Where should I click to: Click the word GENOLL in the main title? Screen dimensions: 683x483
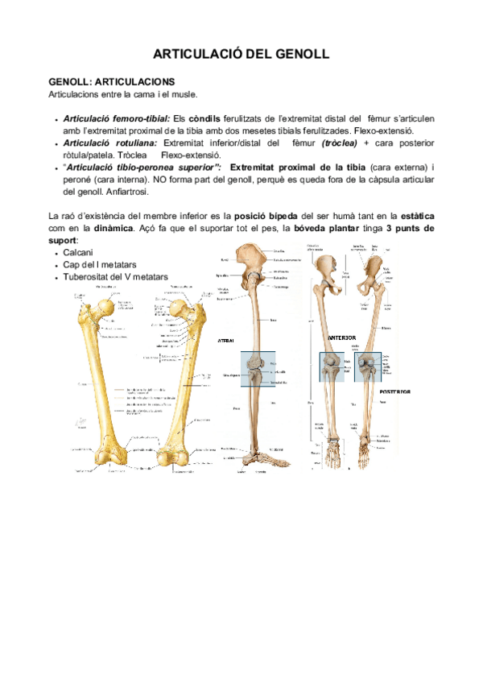298,55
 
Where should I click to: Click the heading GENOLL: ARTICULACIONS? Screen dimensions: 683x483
111,82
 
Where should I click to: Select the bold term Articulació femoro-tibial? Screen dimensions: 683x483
116,118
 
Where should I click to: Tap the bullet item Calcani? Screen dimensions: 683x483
79,253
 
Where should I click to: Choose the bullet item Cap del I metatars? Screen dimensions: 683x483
99,265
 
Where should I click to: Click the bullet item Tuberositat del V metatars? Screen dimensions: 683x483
116,277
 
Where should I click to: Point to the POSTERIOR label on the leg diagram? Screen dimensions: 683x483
394,391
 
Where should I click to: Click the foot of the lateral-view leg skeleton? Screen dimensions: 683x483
259,461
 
